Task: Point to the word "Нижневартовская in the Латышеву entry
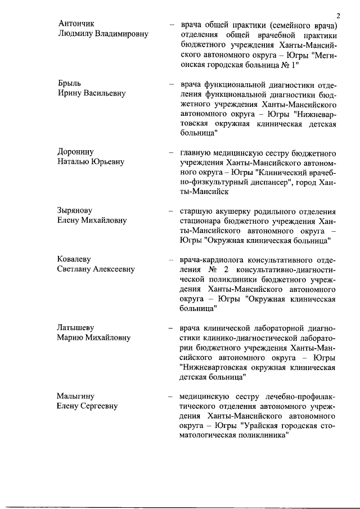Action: (214, 368)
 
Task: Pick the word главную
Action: (196, 152)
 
